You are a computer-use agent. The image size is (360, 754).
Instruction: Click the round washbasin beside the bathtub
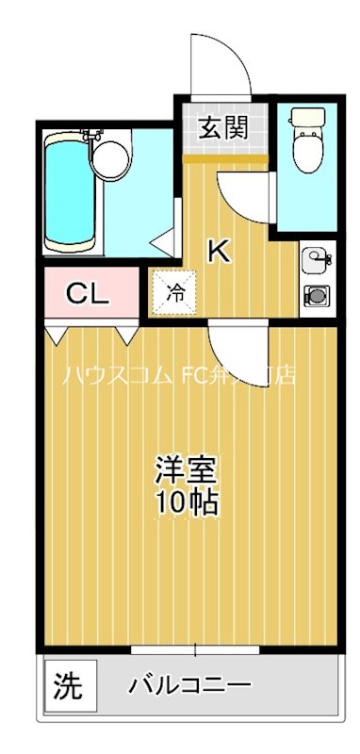[112, 158]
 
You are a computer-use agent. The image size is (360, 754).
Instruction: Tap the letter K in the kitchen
[218, 251]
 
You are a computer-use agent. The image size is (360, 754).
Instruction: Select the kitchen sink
[315, 258]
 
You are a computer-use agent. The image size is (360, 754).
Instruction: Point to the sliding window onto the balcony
[196, 649]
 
